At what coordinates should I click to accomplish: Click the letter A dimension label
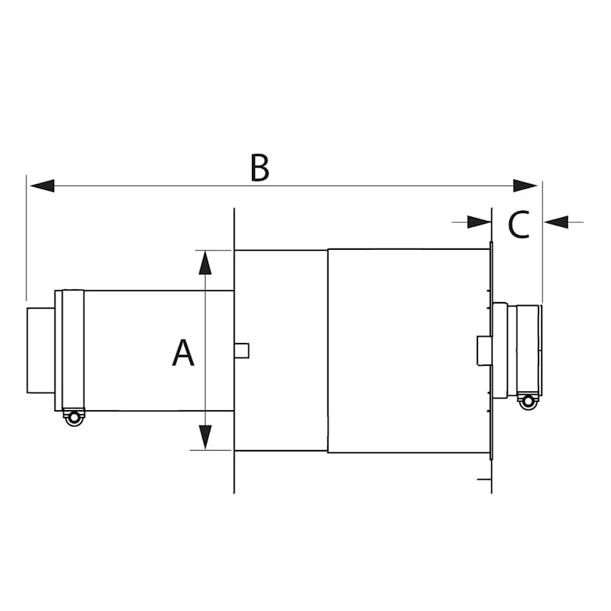tap(183, 353)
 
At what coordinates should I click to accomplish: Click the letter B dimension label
tap(259, 168)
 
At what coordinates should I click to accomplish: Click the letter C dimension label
tap(519, 225)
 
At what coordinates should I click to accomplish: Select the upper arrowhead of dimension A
tap(205, 262)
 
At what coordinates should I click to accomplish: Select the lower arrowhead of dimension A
tap(205, 436)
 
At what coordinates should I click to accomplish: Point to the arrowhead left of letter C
tap(478, 221)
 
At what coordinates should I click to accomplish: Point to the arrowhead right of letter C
tap(556, 221)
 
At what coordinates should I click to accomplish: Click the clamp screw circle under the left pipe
tap(73, 418)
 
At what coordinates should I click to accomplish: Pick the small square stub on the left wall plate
tap(242, 350)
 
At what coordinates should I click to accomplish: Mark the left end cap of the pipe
tap(40, 350)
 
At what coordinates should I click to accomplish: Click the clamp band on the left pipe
tap(72, 350)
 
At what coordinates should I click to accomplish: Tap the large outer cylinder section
tap(407, 350)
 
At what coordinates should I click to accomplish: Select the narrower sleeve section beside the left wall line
tap(280, 350)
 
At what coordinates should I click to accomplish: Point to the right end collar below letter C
tap(528, 348)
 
